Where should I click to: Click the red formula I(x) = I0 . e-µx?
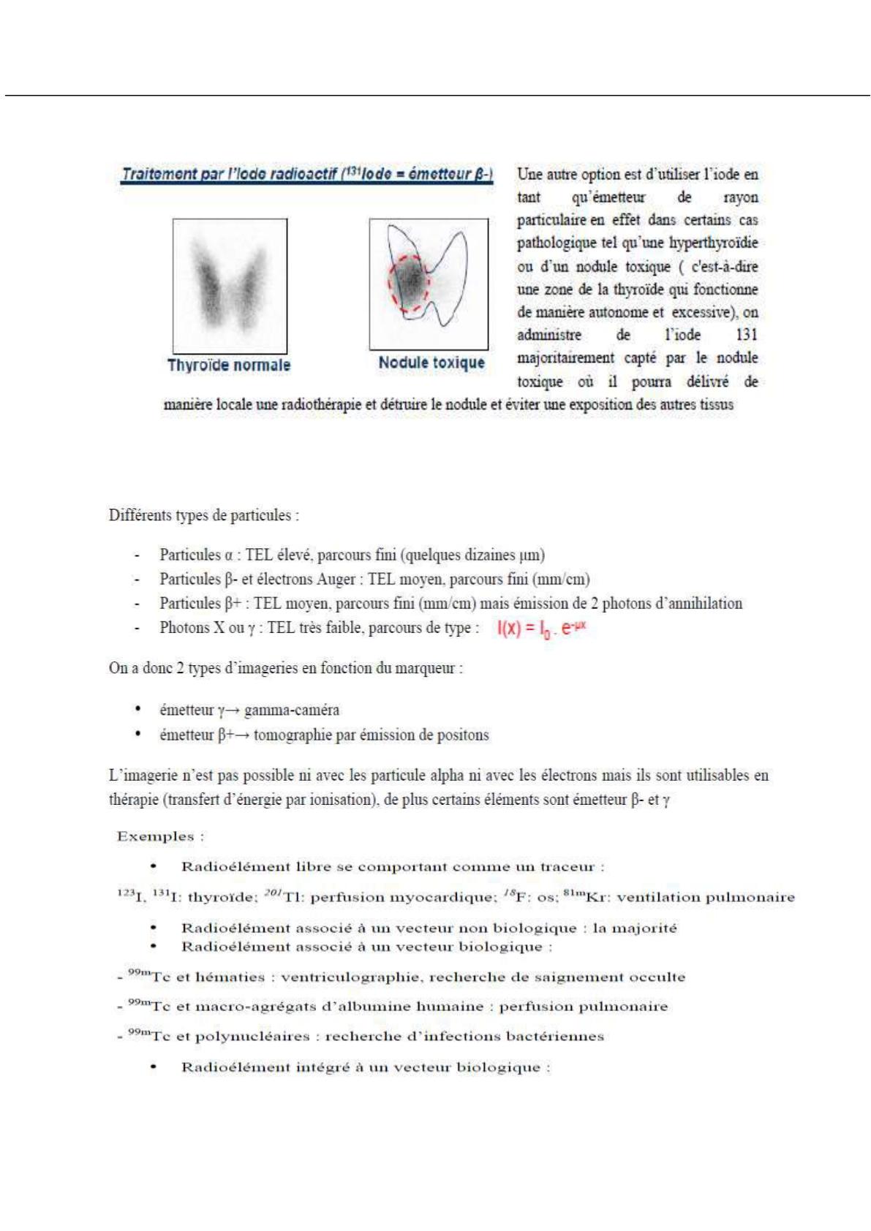click(x=542, y=628)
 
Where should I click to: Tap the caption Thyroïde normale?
click(x=229, y=365)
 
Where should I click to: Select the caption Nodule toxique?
click(x=431, y=363)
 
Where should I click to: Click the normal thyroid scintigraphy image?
click(x=230, y=286)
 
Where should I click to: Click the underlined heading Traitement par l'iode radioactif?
click(x=306, y=175)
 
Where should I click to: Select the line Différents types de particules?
click(x=204, y=515)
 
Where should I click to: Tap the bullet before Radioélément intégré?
click(x=154, y=1067)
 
